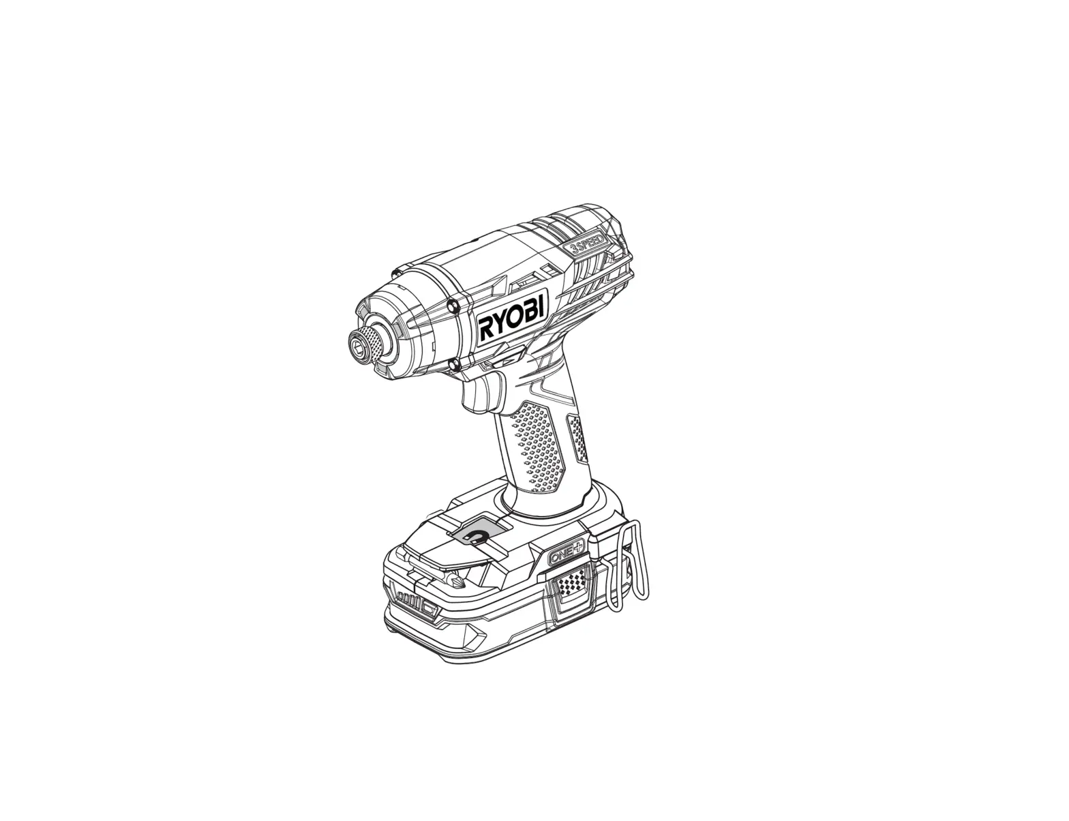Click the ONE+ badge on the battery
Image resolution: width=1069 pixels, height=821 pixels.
(566, 553)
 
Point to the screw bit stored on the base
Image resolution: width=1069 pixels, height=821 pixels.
(455, 581)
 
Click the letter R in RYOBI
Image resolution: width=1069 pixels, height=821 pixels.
(487, 329)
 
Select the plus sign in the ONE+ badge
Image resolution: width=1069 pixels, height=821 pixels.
(577, 547)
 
